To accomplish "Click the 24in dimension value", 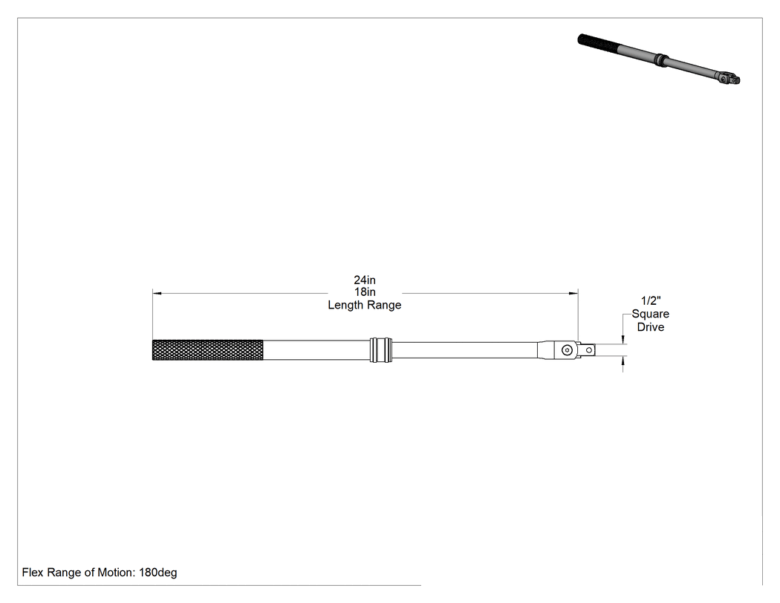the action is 365,280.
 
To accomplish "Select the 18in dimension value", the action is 365,291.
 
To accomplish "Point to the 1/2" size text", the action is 651,300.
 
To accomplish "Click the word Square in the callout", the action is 651,315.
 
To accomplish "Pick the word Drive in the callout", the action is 651,327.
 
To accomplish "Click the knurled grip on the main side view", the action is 207,350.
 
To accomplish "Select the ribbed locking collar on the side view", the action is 380,350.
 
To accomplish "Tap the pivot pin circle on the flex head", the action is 567,350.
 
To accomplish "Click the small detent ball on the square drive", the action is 589,350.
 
